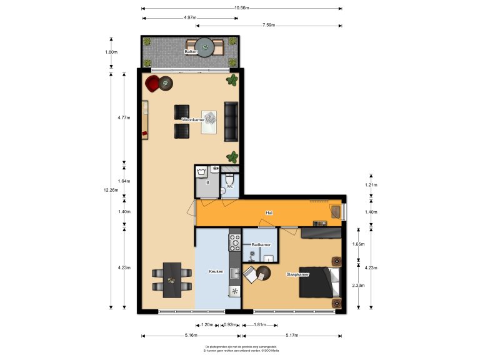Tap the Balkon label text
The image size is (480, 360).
pos(191,52)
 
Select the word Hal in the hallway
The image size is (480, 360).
pos(269,213)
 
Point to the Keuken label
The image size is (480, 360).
pos(216,272)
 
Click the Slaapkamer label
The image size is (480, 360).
pos(297,274)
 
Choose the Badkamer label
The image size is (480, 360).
pos(261,244)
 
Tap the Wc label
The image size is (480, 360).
pos(229,186)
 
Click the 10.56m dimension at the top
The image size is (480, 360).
pos(241,9)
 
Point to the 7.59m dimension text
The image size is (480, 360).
pos(268,26)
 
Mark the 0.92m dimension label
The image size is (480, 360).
pos(229,325)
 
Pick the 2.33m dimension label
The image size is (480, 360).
pos(358,285)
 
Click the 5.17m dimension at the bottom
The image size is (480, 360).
pos(292,336)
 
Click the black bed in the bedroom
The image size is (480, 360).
pos(321,282)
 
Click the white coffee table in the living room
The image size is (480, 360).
pos(210,121)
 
